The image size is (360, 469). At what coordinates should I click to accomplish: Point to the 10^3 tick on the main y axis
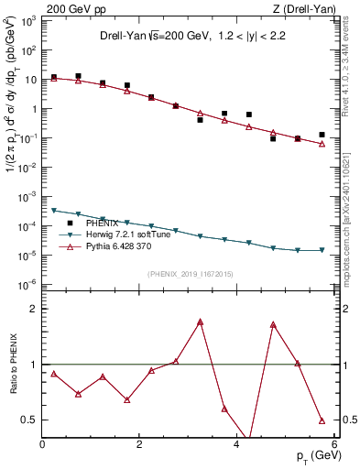tap(28, 20)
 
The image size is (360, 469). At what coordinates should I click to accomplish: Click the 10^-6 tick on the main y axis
tap(28, 284)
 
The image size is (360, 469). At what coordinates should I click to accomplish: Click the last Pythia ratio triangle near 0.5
tap(322, 420)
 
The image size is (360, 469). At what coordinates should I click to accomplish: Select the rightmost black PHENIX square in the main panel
tap(322, 135)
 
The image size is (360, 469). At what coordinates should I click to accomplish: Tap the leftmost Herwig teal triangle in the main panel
tap(54, 211)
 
